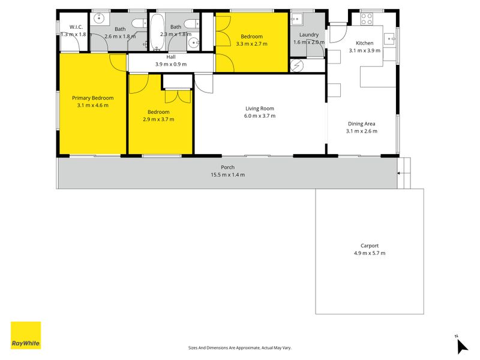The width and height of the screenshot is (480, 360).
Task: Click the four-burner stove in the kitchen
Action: [x=367, y=19]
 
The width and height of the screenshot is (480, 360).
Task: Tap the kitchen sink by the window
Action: [x=390, y=39]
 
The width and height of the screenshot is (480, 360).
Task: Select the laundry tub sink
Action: [x=296, y=19]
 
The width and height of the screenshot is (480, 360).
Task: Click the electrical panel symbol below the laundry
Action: [x=296, y=65]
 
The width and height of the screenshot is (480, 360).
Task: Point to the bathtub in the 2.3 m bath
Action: [x=157, y=32]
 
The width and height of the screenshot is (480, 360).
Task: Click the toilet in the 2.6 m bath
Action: [x=139, y=23]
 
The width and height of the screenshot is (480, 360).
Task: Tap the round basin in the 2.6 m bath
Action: [x=99, y=18]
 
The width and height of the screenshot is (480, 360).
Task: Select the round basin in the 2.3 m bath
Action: [x=193, y=43]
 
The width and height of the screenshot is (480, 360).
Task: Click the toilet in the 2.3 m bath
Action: [x=191, y=23]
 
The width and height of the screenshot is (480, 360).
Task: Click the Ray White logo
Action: [x=26, y=335]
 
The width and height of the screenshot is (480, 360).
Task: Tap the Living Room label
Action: [x=260, y=109]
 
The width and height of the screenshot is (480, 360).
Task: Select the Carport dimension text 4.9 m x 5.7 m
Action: [x=370, y=253]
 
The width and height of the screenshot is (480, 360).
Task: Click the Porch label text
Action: [x=228, y=167]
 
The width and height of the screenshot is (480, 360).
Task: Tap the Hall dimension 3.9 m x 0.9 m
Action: [x=171, y=64]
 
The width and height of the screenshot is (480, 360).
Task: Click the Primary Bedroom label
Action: [x=93, y=98]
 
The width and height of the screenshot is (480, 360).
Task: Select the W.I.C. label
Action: [x=76, y=27]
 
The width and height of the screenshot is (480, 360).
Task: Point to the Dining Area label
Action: [x=362, y=124]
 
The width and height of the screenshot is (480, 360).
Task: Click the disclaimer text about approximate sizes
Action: [x=239, y=348]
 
